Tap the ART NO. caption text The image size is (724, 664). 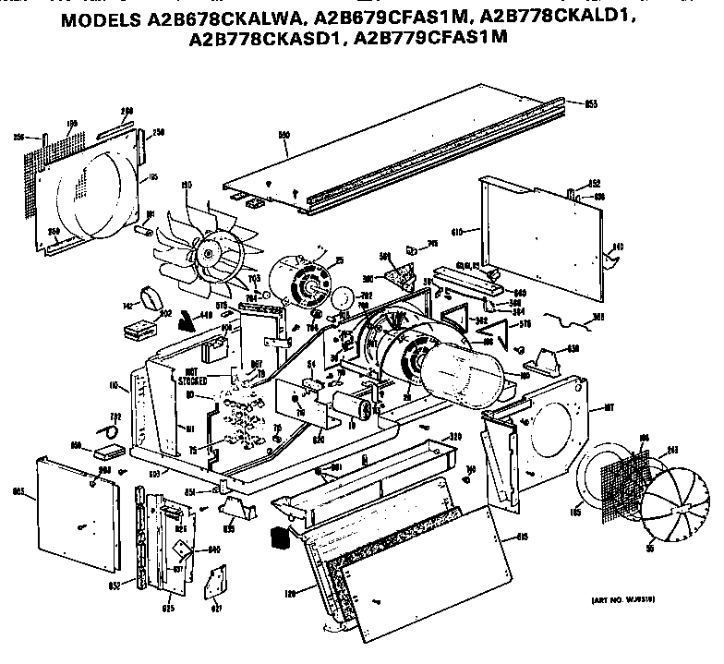(x=625, y=600)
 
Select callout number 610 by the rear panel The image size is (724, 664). (x=466, y=231)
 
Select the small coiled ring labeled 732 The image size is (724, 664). (x=110, y=431)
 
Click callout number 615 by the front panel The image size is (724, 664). (x=521, y=537)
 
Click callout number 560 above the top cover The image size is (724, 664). (x=284, y=135)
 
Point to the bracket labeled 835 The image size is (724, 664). (x=233, y=511)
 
